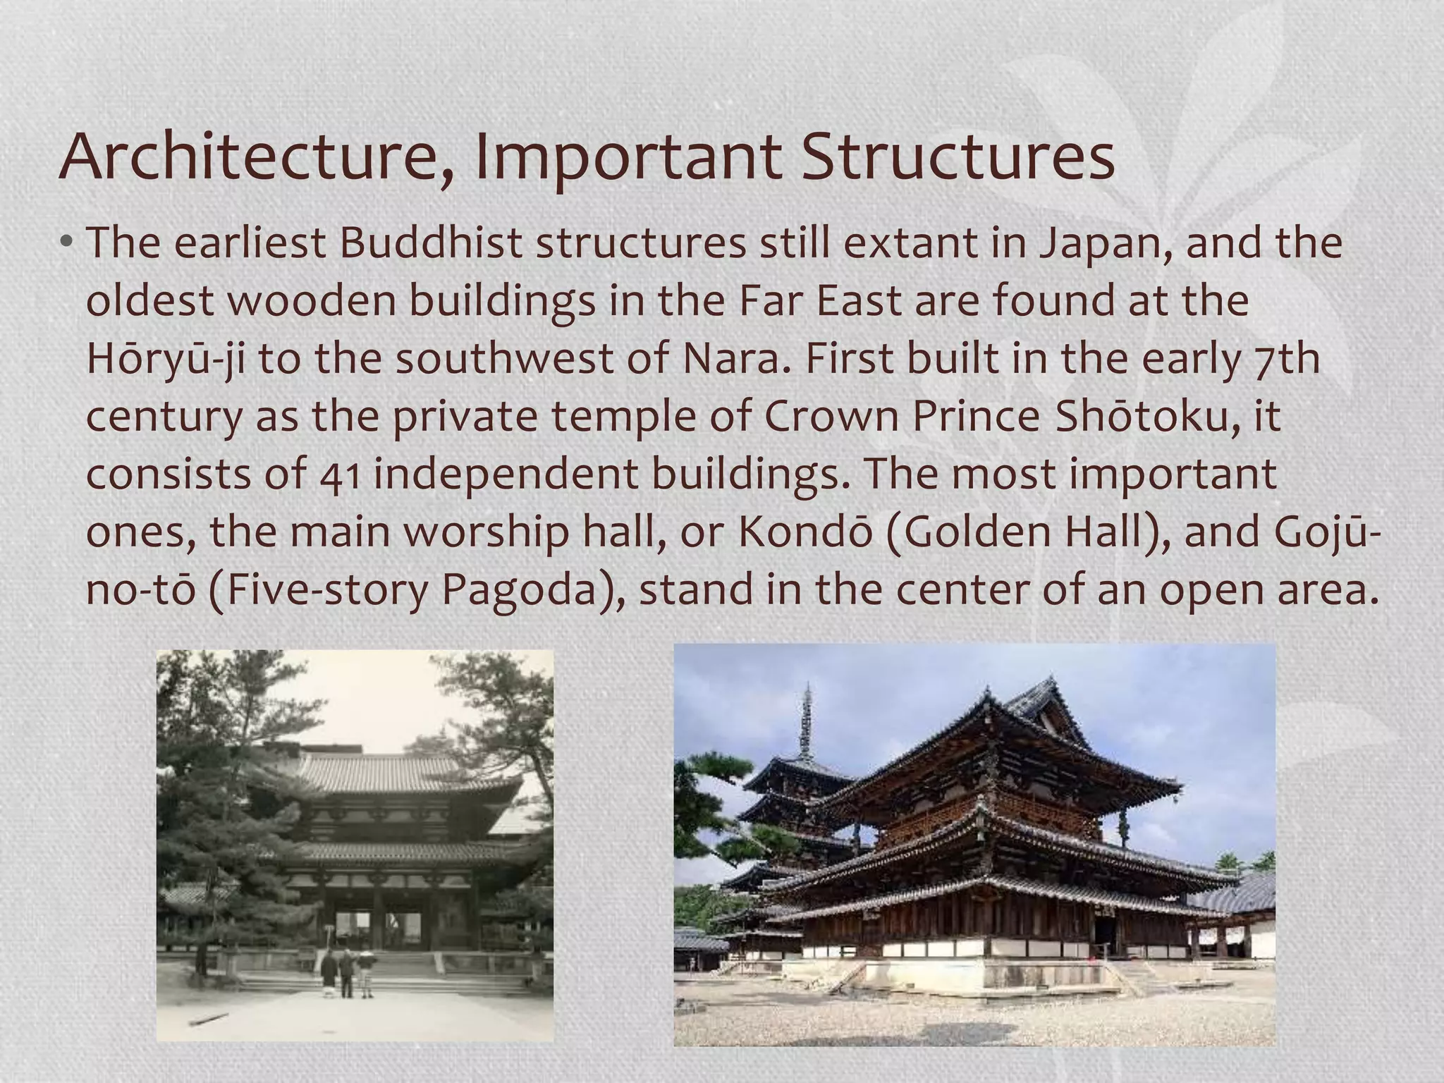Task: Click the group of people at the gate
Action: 346,973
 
